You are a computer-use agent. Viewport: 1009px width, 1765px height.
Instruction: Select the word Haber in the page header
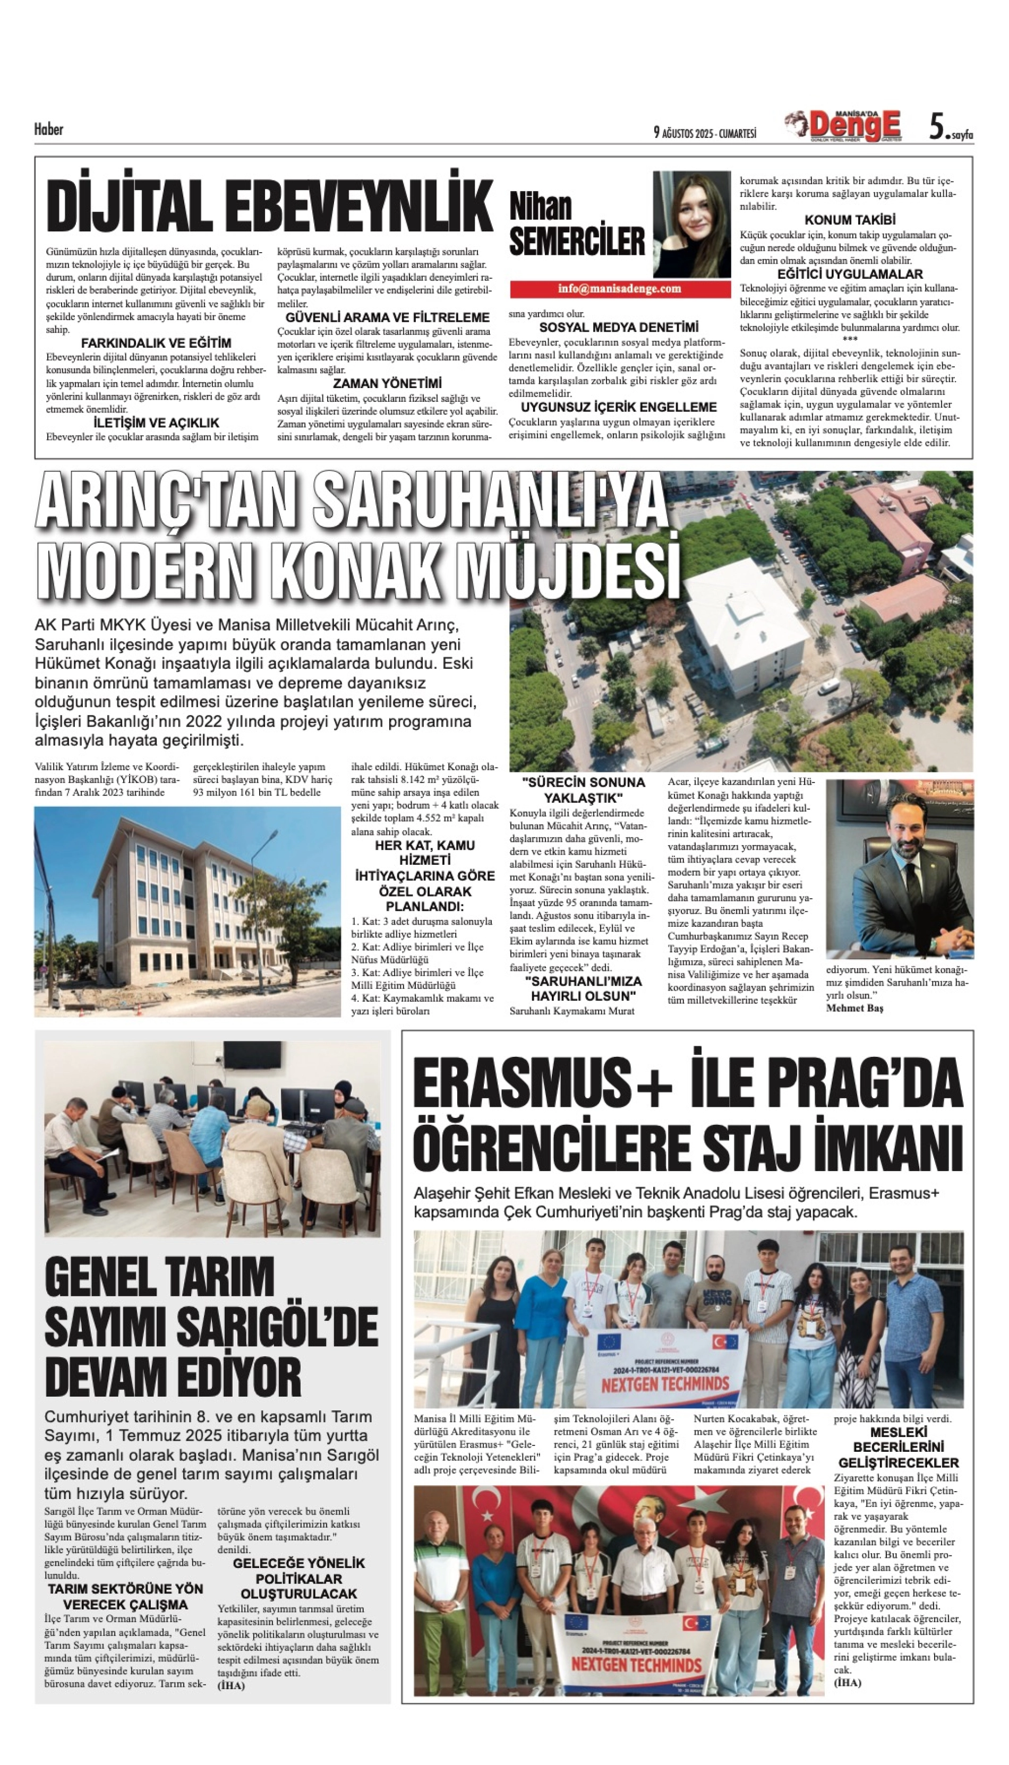tap(48, 130)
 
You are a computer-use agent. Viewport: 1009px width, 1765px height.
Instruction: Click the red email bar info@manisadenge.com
tap(620, 289)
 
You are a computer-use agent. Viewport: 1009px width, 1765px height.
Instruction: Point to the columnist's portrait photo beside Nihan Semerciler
tap(691, 225)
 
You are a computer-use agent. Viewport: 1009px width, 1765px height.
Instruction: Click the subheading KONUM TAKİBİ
tap(850, 220)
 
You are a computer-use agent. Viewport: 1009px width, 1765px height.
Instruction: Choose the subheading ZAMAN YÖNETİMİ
tap(387, 383)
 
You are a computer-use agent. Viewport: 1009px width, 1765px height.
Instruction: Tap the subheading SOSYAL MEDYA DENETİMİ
tap(618, 327)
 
